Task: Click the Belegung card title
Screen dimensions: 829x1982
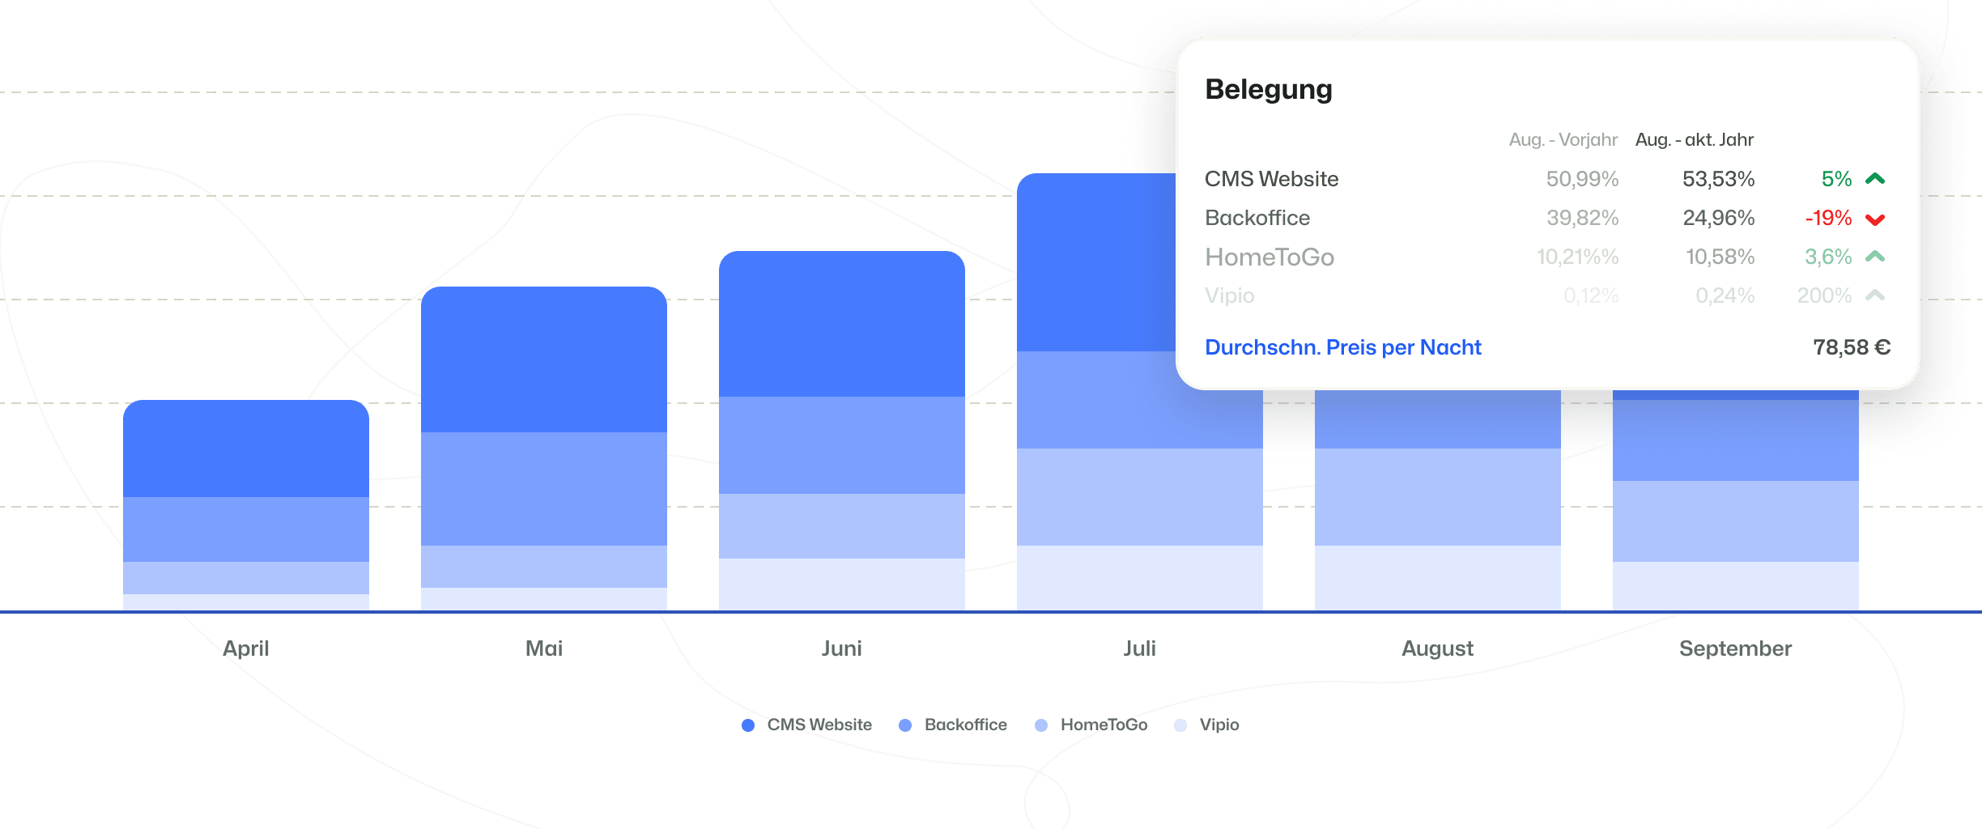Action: pyautogui.click(x=1268, y=89)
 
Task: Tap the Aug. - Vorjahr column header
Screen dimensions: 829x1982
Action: pyautogui.click(x=1563, y=140)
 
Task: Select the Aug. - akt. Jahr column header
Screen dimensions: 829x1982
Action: pyautogui.click(x=1694, y=140)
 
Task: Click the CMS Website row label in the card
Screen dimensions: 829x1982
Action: pyautogui.click(x=1271, y=179)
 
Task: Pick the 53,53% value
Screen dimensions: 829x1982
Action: pyautogui.click(x=1718, y=179)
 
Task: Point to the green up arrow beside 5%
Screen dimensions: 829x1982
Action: pyautogui.click(x=1875, y=179)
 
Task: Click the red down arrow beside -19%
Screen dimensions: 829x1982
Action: pyautogui.click(x=1875, y=219)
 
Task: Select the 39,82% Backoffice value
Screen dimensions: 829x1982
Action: pyautogui.click(x=1582, y=218)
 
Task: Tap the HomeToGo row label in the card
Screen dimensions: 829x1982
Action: pyautogui.click(x=1269, y=257)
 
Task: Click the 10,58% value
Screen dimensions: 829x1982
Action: pyautogui.click(x=1720, y=257)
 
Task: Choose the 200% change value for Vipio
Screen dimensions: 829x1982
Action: pyautogui.click(x=1824, y=295)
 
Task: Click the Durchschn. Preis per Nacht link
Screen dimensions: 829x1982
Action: pyautogui.click(x=1342, y=347)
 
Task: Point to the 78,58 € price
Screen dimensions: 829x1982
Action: pyautogui.click(x=1852, y=347)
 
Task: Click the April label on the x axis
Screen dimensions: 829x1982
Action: pyautogui.click(x=246, y=648)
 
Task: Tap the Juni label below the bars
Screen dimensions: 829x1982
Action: pyautogui.click(x=842, y=648)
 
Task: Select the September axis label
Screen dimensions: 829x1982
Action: pyautogui.click(x=1735, y=648)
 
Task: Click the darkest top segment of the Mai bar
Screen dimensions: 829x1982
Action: pyautogui.click(x=544, y=359)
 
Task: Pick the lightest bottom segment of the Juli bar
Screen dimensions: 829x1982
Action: pyautogui.click(x=1139, y=577)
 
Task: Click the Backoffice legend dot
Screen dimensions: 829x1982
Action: pyautogui.click(x=905, y=725)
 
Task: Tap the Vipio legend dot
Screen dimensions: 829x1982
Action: pyautogui.click(x=1180, y=725)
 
